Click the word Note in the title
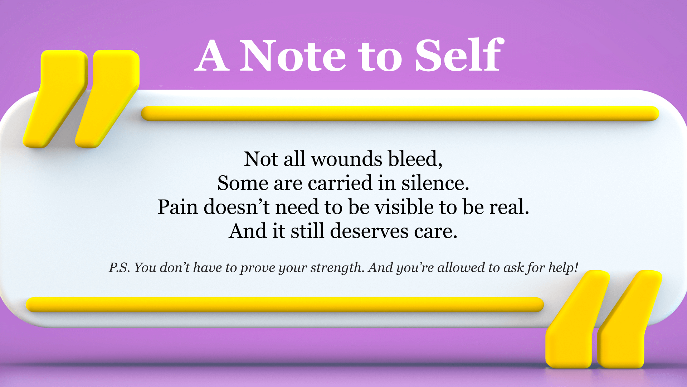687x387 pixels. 293,56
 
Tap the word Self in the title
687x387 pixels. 459,54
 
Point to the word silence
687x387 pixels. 435,183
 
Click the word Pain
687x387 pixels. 178,207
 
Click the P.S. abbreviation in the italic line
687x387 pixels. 120,267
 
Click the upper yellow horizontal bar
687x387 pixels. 400,113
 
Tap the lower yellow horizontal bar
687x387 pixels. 285,305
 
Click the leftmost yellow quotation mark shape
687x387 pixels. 55,99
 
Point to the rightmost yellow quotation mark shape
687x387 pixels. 630,319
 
